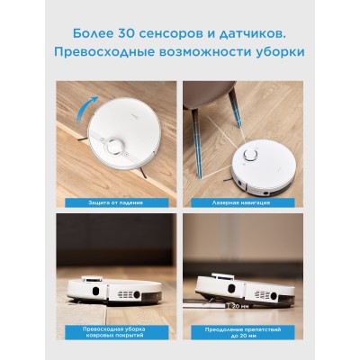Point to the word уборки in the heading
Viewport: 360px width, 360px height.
tap(275, 51)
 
